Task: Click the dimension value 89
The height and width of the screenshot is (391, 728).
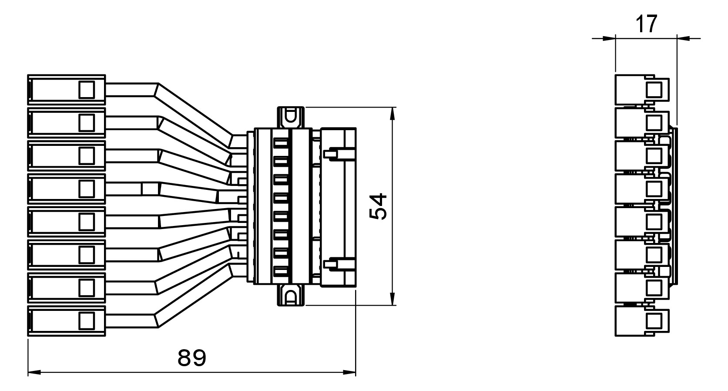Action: pos(192,358)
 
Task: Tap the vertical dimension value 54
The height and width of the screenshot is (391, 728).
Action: pos(378,206)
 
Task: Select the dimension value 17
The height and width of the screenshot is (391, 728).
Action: pos(646,24)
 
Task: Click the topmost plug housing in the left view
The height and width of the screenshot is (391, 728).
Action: pos(67,90)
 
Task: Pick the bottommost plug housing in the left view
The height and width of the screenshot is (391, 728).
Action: pos(67,321)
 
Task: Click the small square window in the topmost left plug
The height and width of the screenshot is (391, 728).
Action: pos(87,89)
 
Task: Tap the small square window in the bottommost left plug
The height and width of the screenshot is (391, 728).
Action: pos(87,321)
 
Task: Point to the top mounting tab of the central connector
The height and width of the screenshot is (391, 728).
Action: pos(291,118)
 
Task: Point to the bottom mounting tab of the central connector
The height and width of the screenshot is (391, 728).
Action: pos(291,295)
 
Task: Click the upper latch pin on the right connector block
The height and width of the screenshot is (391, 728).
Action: pos(339,154)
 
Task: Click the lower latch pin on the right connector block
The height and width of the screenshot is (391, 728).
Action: pos(339,263)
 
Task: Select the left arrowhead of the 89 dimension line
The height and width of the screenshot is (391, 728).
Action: pos(34,372)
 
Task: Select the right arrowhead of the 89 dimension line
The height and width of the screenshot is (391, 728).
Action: pos(349,372)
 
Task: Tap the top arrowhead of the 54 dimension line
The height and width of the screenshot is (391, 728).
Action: pos(393,114)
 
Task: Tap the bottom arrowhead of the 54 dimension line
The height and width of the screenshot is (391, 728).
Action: pos(393,299)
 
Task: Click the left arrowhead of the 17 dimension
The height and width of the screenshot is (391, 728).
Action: pos(609,38)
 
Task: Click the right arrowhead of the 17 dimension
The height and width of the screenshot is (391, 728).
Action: pos(684,38)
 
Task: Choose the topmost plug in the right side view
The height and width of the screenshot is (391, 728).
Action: pos(642,90)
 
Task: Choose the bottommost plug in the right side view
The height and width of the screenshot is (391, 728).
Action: pos(642,321)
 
